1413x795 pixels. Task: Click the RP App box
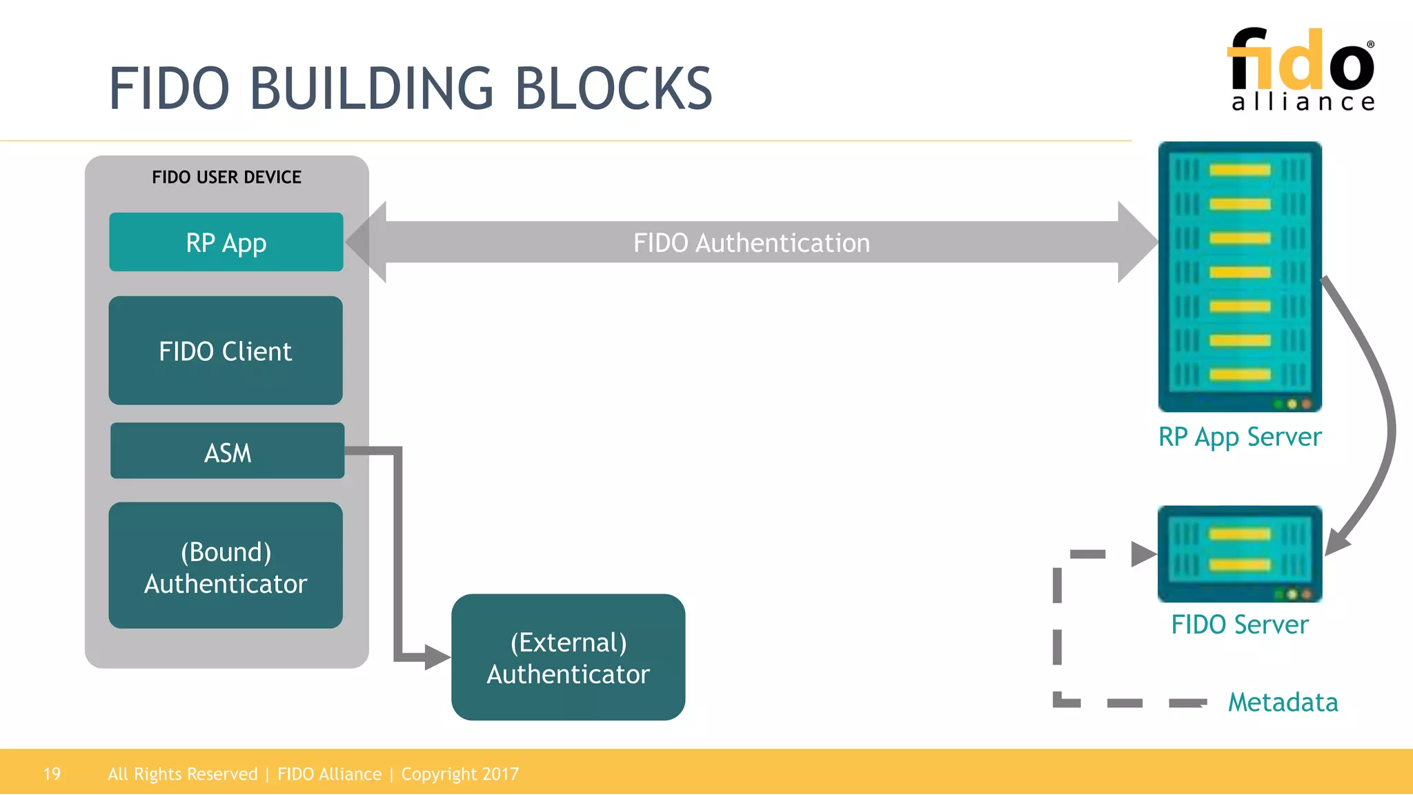(x=226, y=242)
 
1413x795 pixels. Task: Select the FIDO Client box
(x=226, y=351)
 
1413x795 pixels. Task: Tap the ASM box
(x=227, y=451)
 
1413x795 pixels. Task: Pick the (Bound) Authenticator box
(x=226, y=566)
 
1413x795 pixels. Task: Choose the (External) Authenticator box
(x=568, y=657)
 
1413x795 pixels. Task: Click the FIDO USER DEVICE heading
(x=226, y=177)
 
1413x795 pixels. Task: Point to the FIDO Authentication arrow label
(x=751, y=243)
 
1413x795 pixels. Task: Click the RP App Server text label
(x=1239, y=437)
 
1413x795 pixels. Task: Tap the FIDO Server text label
(x=1239, y=625)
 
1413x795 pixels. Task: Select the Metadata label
(x=1283, y=703)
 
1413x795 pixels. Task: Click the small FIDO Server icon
(x=1239, y=553)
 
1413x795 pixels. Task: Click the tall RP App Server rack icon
(x=1239, y=276)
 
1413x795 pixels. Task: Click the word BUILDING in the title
(x=371, y=89)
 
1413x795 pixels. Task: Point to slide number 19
(x=52, y=774)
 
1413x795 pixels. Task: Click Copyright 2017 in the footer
(x=460, y=774)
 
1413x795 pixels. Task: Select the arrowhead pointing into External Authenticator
(x=437, y=656)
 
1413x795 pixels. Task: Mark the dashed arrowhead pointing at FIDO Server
(x=1143, y=553)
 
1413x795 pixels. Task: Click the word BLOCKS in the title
(x=613, y=89)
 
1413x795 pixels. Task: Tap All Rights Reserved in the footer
(x=182, y=774)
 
